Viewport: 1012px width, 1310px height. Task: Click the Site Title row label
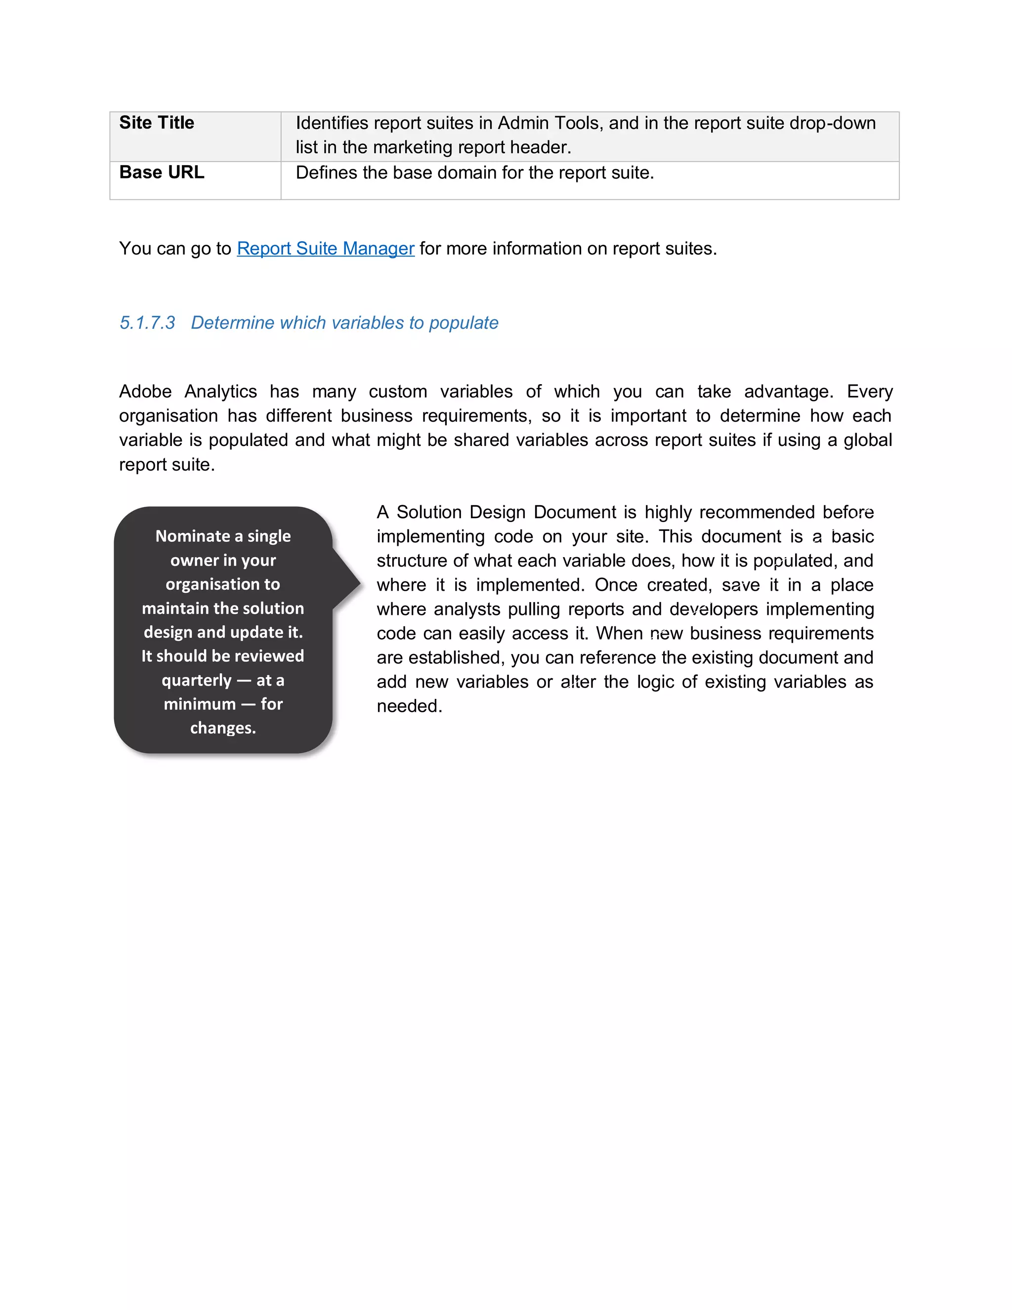coord(157,123)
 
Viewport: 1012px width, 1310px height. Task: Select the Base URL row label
coord(161,173)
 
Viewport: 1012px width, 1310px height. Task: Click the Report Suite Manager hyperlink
coord(326,248)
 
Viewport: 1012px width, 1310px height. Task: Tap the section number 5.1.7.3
coord(147,323)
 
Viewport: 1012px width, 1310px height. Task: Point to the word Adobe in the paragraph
coord(145,392)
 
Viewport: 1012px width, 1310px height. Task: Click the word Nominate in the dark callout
coord(192,536)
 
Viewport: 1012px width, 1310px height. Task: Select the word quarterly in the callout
coord(196,680)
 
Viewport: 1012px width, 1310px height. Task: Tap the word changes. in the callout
coord(223,728)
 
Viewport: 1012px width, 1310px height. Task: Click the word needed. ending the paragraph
coord(410,706)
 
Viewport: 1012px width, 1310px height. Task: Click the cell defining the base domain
coord(474,173)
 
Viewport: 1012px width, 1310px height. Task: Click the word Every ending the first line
coord(869,392)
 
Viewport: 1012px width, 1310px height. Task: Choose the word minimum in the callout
coord(200,704)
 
